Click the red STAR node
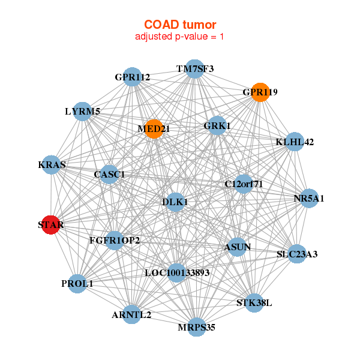tap(51, 225)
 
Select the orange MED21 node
tap(154, 129)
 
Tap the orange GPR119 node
tap(259, 92)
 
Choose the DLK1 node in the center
tap(175, 203)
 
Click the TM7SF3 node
tap(194, 69)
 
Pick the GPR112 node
tap(133, 77)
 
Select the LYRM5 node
tap(83, 111)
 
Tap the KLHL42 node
tap(295, 142)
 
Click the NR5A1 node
tap(308, 199)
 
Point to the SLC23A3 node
tap(297, 254)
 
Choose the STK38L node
tap(254, 302)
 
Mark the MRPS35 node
tap(196, 327)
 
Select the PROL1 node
tap(77, 284)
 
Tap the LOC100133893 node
tap(177, 272)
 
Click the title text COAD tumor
tap(180, 25)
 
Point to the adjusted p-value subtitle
tap(180, 37)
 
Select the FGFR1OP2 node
tap(115, 241)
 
